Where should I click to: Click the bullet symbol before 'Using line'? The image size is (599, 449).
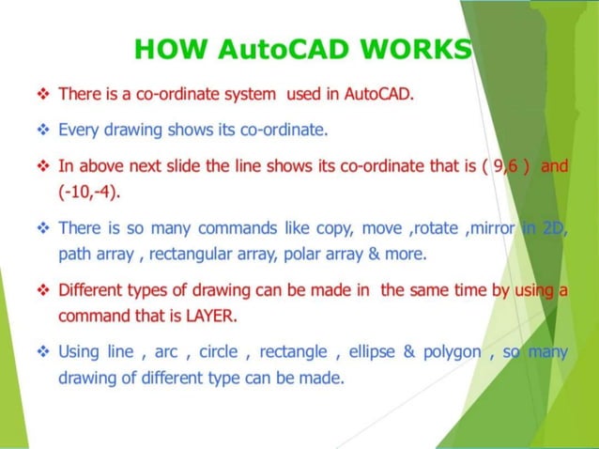pyautogui.click(x=42, y=353)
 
